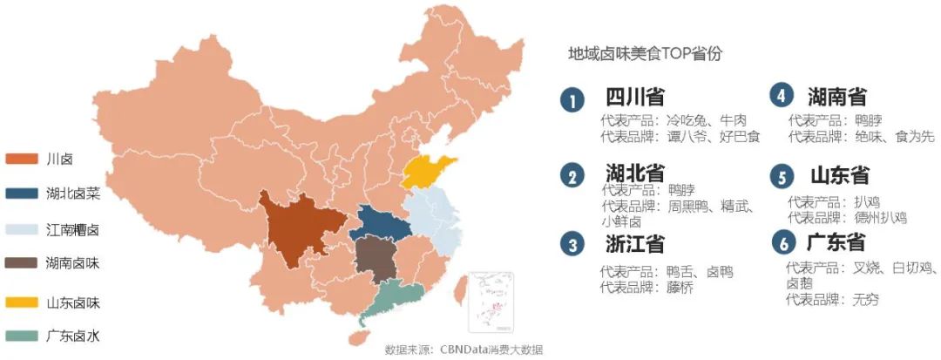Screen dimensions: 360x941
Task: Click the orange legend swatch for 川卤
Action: (x=23, y=158)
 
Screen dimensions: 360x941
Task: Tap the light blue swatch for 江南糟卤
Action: (x=23, y=229)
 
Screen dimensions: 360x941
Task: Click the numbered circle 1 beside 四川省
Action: (x=572, y=100)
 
